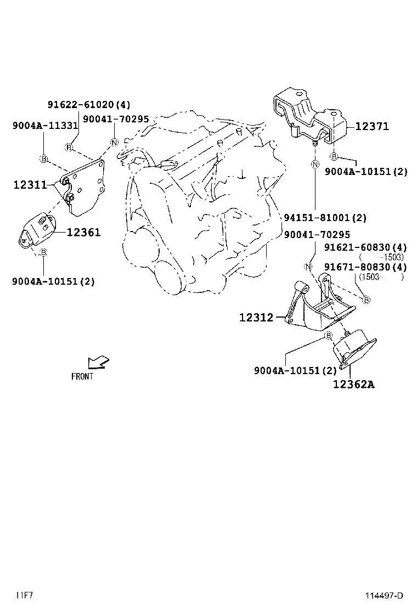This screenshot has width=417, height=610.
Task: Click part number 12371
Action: (371, 127)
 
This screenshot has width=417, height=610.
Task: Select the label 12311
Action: (30, 185)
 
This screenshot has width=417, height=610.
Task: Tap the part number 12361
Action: (83, 233)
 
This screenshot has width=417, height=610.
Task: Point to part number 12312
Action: (256, 317)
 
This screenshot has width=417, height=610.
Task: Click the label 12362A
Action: (353, 385)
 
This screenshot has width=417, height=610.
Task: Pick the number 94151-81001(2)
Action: (325, 218)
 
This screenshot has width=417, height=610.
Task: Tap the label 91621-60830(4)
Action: (365, 247)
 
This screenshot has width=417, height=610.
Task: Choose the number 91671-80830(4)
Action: (365, 267)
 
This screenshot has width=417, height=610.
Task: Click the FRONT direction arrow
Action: (98, 363)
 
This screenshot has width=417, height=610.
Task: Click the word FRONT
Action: (82, 376)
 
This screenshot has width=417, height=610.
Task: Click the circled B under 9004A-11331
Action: (43, 159)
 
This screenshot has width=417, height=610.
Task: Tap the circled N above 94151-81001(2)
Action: (315, 164)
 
